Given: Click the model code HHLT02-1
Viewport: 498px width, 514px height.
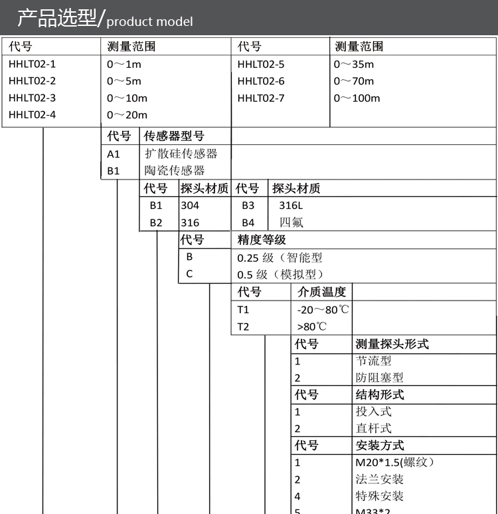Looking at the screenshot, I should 32,64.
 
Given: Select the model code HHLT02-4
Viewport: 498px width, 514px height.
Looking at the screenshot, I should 32,114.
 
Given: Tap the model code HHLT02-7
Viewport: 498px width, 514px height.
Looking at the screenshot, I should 261,98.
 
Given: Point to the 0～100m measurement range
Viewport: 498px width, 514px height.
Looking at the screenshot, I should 357,98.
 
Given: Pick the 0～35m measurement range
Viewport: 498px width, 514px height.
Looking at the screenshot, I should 354,64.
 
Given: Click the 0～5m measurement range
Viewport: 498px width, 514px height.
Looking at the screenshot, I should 124,81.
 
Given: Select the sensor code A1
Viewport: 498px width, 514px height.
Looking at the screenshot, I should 114,154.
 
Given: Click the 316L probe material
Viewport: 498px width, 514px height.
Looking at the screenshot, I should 290,205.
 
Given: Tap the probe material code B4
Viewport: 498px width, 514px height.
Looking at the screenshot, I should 248,223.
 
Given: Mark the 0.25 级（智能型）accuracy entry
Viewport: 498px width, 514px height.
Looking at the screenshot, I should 280,257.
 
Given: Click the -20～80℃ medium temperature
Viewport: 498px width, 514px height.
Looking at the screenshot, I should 323,309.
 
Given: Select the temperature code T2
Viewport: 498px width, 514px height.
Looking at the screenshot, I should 244,326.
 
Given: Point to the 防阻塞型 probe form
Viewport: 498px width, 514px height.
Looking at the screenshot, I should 379,378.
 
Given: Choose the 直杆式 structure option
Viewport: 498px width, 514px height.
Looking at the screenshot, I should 373,428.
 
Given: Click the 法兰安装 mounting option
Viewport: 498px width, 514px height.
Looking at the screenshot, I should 379,479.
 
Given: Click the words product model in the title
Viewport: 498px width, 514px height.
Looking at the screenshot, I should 149,21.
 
